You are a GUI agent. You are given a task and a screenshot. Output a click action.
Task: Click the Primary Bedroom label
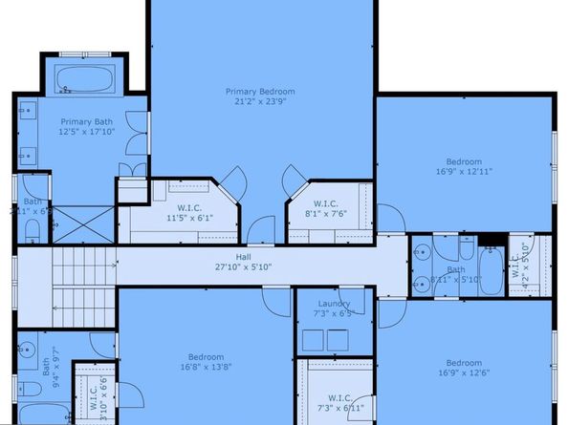pos(255,92)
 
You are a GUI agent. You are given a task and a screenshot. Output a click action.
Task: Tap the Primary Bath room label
pos(86,121)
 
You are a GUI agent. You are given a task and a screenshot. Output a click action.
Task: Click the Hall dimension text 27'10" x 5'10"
pos(243,267)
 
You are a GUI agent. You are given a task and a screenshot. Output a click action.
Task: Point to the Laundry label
pos(333,304)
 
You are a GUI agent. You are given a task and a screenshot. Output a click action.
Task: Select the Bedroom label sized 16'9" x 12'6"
pos(463,363)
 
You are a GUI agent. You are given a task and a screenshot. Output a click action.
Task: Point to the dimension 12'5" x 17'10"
pos(86,132)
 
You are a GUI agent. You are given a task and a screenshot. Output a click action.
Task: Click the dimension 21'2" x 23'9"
pos(255,101)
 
